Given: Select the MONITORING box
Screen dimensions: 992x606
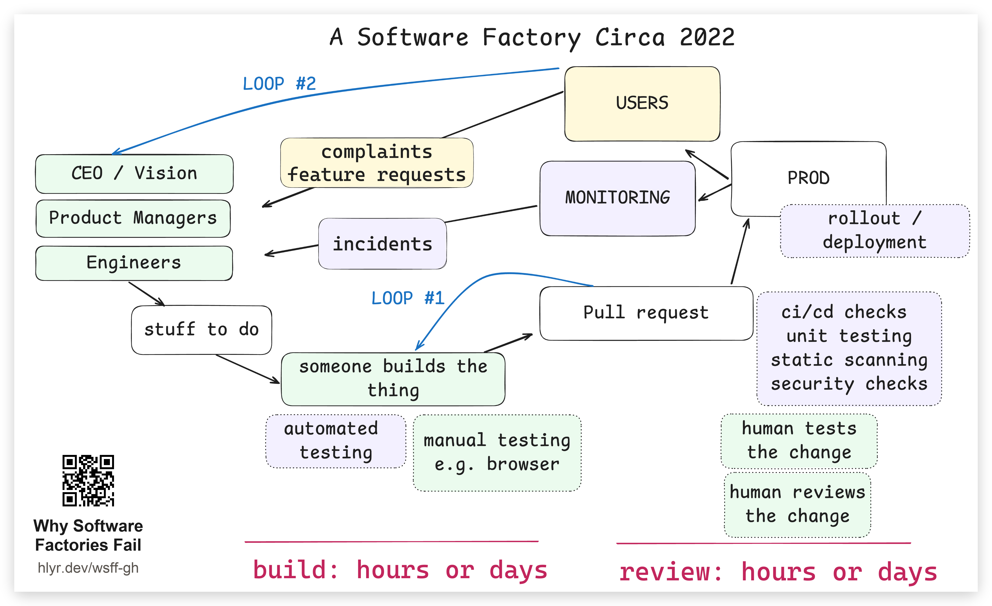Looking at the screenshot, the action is click(618, 198).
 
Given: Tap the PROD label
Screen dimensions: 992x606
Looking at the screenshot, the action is click(808, 178).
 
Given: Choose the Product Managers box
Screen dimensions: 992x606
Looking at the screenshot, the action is click(133, 218).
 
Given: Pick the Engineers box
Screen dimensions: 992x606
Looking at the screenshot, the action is click(134, 263).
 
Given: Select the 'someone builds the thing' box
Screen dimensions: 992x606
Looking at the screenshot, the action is click(393, 379).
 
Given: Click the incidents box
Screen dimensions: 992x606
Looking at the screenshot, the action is click(382, 244).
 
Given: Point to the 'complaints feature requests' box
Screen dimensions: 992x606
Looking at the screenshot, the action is click(377, 163).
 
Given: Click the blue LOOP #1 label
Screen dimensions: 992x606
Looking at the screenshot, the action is click(408, 298).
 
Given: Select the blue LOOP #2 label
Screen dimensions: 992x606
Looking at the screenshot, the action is click(279, 84).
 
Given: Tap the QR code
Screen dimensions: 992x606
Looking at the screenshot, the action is click(88, 481).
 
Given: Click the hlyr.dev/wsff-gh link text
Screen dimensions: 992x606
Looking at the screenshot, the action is click(88, 568).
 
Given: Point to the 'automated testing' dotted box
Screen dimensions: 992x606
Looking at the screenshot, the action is click(336, 441).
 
